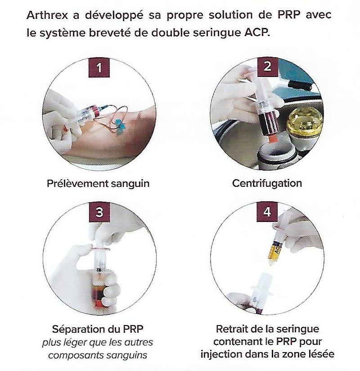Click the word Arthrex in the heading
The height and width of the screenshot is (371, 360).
pyautogui.click(x=47, y=15)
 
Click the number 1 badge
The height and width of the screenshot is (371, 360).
pyautogui.click(x=99, y=68)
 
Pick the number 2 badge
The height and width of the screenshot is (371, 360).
pyautogui.click(x=267, y=67)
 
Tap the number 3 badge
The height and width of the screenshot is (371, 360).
pyautogui.click(x=99, y=212)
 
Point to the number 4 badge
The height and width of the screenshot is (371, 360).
pyautogui.click(x=267, y=212)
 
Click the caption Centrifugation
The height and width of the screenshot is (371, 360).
pyautogui.click(x=267, y=183)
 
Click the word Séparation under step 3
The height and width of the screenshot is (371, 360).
pyautogui.click(x=77, y=330)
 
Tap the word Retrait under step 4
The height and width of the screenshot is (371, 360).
pyautogui.click(x=233, y=329)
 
